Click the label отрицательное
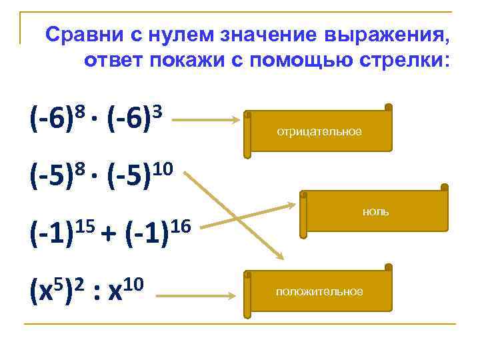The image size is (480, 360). click(x=319, y=132)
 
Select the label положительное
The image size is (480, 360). click(x=319, y=291)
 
